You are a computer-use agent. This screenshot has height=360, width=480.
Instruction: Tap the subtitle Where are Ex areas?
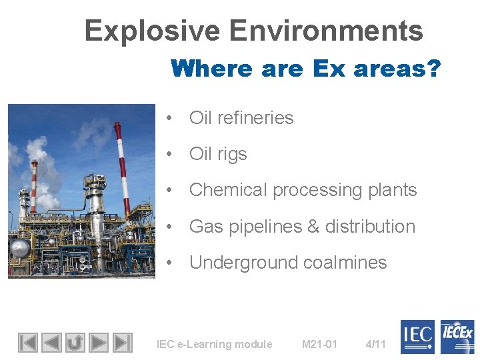[x=305, y=69]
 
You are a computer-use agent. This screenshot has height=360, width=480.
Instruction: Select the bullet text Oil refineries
[x=241, y=118]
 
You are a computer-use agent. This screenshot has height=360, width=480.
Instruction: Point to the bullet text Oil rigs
[x=218, y=154]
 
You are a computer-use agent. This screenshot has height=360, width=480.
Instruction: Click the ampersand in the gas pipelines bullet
[x=312, y=227]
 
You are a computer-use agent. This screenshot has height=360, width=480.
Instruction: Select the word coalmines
[x=345, y=263]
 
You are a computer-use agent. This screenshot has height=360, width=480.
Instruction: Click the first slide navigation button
[x=27, y=343]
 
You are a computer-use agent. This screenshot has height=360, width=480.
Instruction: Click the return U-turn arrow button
[x=75, y=343]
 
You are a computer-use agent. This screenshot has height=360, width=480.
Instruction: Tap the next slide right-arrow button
[x=99, y=343]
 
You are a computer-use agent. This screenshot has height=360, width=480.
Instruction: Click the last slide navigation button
[x=122, y=343]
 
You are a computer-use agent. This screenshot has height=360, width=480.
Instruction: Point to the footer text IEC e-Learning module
[x=214, y=345]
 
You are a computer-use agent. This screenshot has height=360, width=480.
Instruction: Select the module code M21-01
[x=319, y=345]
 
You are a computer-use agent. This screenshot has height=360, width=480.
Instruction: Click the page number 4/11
[x=376, y=345]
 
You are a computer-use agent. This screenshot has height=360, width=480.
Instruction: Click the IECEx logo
[x=457, y=337]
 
